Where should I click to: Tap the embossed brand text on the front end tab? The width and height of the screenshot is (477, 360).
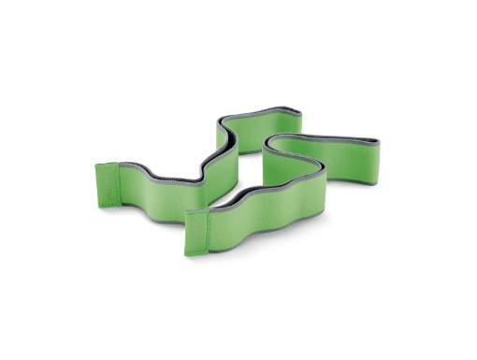coord(194,230)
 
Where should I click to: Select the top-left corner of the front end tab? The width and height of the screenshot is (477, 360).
coord(185,214)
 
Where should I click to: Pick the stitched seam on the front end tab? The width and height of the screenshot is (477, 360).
coord(204,228)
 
